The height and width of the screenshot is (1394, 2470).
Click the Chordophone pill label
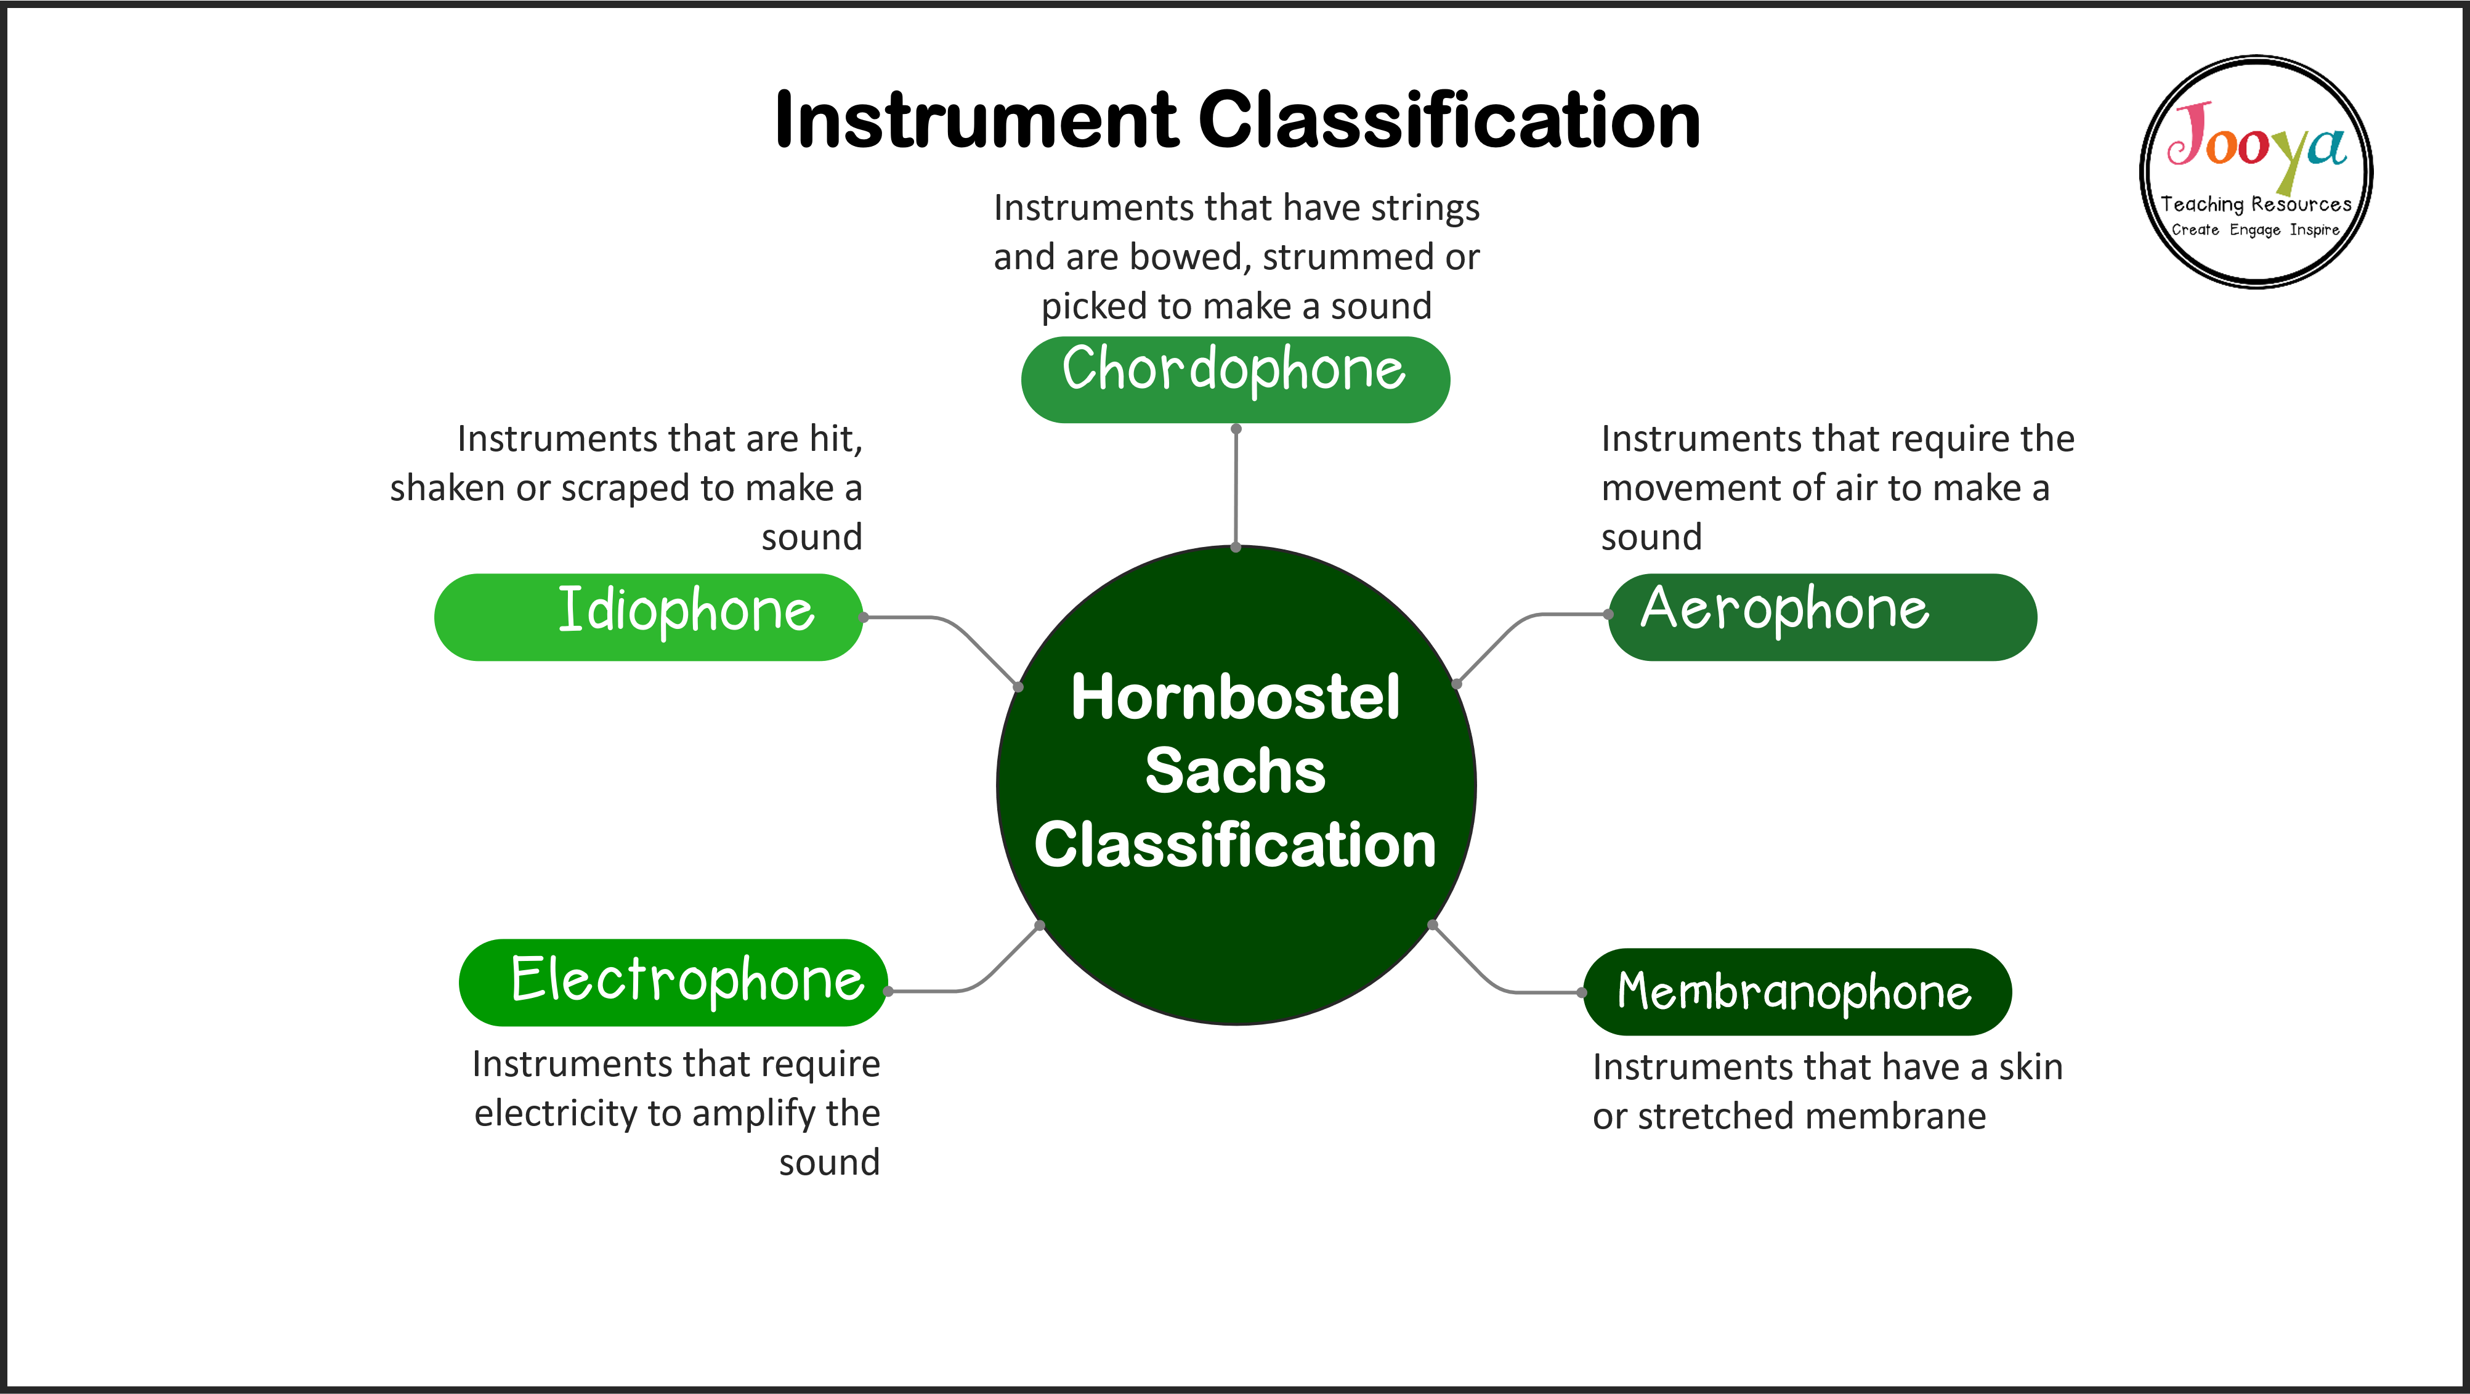[x=1235, y=379]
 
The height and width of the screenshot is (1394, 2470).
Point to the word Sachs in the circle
[x=1235, y=770]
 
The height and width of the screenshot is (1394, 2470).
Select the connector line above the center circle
[x=1236, y=487]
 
